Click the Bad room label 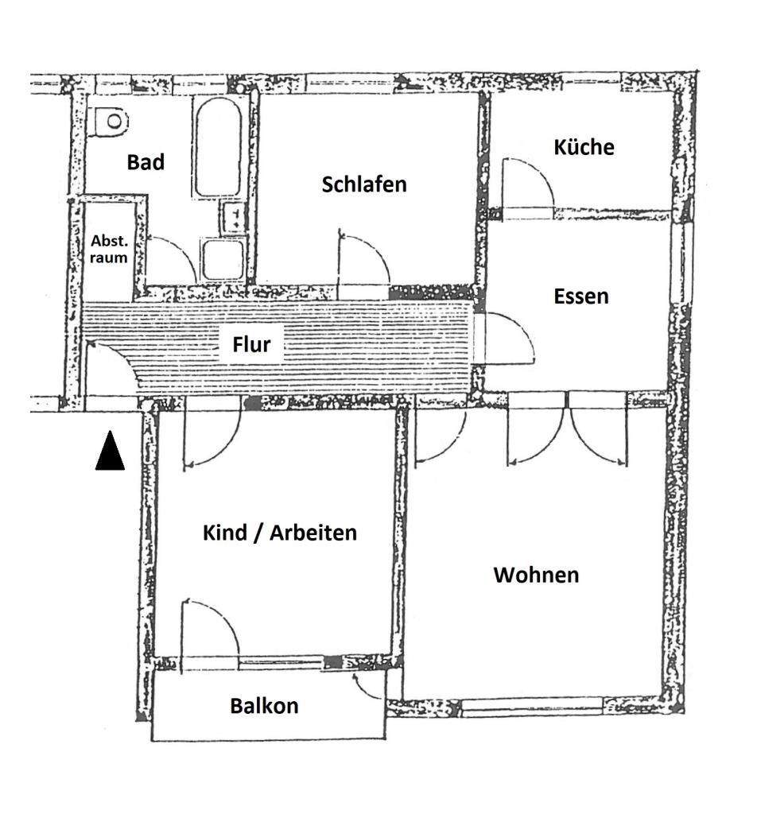click(x=146, y=162)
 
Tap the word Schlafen click(x=364, y=184)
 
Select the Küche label click(x=584, y=147)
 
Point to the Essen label click(x=581, y=296)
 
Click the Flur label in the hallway click(x=251, y=344)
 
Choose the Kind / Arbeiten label click(x=280, y=533)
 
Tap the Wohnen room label click(x=536, y=575)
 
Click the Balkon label click(x=264, y=706)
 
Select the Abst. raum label click(x=108, y=249)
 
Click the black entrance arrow click(x=110, y=451)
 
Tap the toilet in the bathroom click(x=108, y=122)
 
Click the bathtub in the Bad click(x=219, y=147)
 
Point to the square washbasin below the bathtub click(x=223, y=260)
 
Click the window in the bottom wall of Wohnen click(x=532, y=707)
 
